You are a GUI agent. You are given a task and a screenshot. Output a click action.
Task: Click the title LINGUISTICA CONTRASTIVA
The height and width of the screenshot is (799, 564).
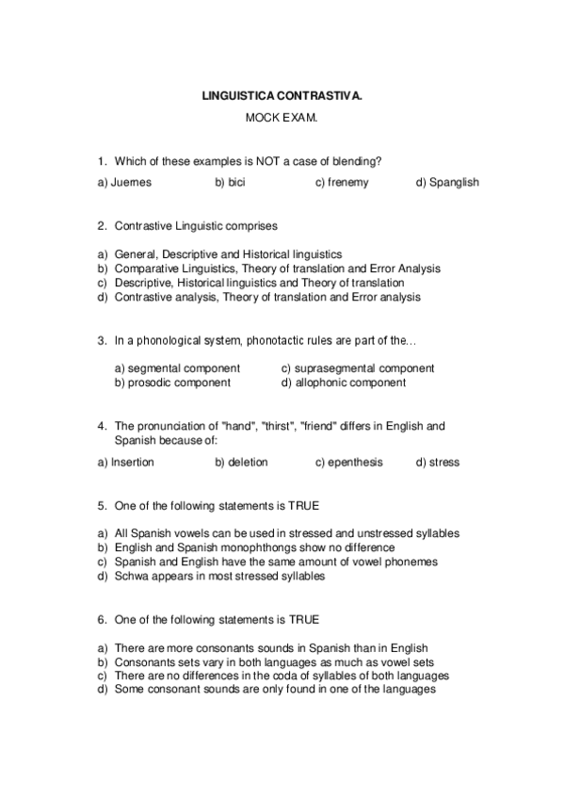282,95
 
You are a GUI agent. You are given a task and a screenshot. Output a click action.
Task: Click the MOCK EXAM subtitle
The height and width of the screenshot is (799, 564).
282,118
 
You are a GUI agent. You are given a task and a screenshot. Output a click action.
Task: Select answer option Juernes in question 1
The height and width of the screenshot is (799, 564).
124,183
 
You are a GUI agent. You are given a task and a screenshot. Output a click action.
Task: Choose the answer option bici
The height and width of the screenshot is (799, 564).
230,183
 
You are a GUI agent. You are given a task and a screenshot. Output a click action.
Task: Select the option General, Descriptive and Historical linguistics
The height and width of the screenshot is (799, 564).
228,254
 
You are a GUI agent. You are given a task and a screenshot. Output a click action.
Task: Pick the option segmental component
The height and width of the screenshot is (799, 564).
177,368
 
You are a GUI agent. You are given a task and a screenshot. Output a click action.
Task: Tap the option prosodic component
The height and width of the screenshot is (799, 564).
172,383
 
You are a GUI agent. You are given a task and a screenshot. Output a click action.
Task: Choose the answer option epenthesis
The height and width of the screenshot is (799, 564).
348,463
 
